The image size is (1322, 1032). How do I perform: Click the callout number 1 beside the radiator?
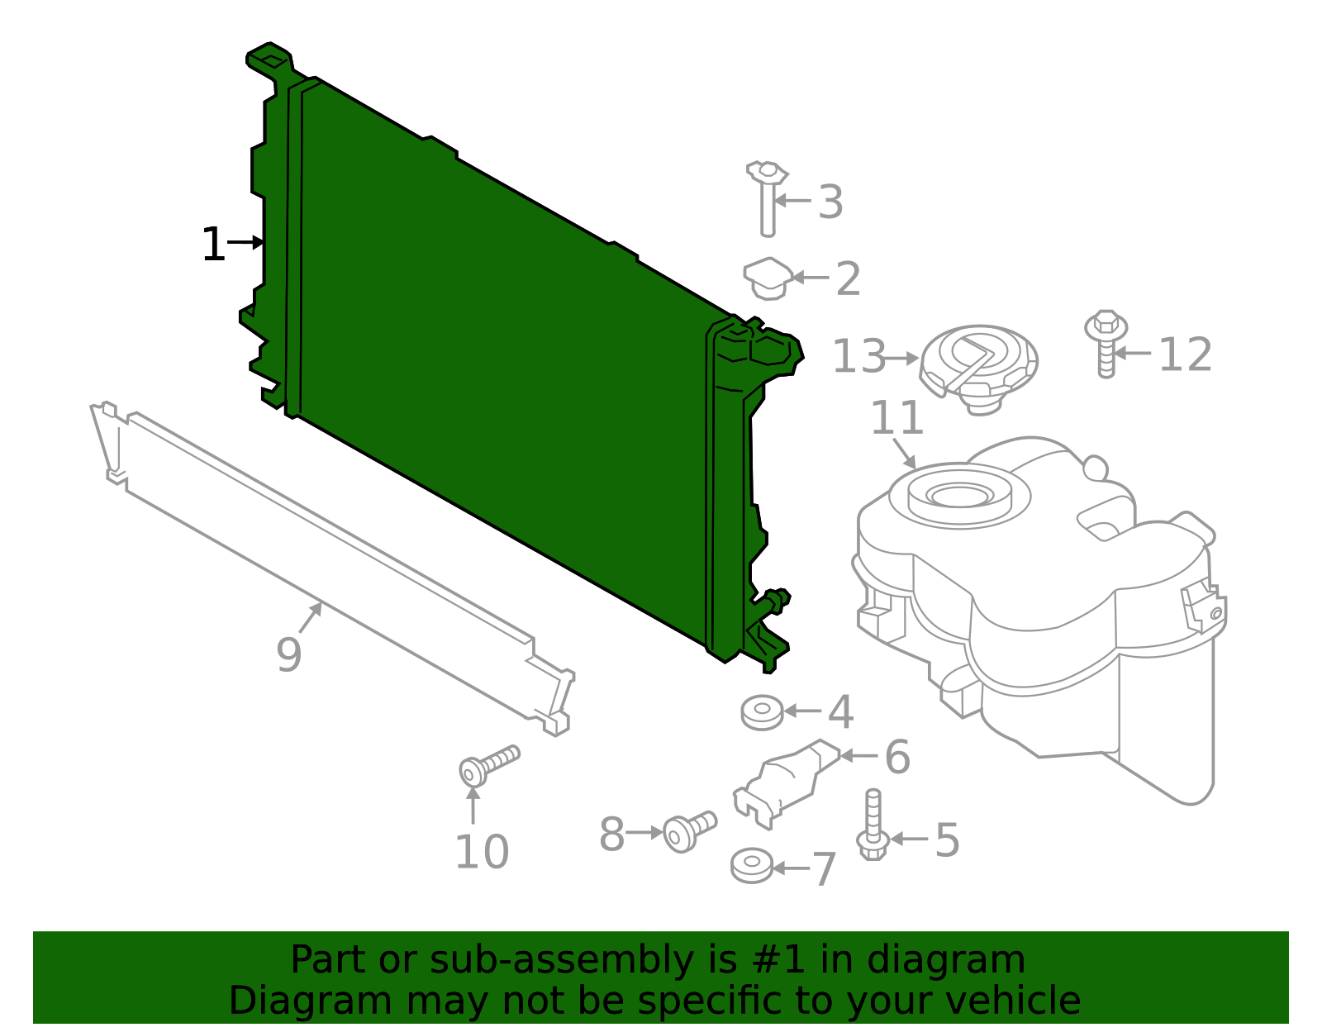point(213,245)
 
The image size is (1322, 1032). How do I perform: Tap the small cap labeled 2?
point(768,278)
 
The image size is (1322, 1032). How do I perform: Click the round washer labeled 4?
point(761,712)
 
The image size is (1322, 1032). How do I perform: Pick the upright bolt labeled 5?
point(873,826)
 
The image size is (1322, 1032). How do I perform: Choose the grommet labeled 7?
point(752,864)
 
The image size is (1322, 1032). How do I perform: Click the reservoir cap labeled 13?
point(978,364)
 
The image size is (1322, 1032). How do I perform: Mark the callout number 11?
point(896,418)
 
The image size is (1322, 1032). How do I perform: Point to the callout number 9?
point(289,654)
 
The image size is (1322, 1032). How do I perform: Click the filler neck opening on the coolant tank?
point(958,494)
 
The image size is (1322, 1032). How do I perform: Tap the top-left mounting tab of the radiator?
point(269,59)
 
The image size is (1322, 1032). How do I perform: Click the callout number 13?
point(858,357)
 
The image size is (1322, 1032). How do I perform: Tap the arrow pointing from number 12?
point(1133,353)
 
